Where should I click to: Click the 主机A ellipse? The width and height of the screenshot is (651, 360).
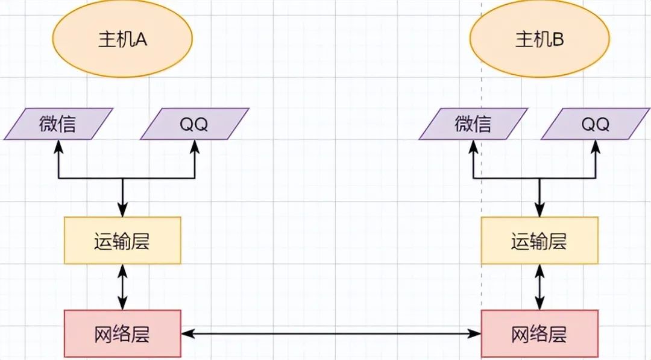click(x=122, y=39)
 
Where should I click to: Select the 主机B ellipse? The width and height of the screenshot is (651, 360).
click(x=539, y=39)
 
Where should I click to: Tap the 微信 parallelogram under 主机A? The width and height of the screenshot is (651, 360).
click(x=58, y=124)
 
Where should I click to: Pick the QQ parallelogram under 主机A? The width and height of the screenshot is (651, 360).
click(x=194, y=124)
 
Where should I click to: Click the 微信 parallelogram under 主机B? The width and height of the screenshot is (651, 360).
click(x=473, y=124)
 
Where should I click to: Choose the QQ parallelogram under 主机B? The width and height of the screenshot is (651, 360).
click(x=596, y=124)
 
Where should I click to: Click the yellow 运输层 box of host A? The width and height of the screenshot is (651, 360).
click(x=122, y=241)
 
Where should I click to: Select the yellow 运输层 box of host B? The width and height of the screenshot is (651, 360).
click(x=539, y=241)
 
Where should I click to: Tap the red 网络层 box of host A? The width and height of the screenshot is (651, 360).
click(x=122, y=333)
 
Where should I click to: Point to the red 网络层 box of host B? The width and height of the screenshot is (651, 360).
click(x=539, y=333)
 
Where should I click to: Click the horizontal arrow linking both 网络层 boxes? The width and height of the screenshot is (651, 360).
click(x=331, y=333)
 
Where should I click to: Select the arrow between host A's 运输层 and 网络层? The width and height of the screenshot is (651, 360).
click(x=122, y=287)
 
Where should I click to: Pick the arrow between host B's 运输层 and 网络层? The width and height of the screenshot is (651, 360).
click(x=539, y=287)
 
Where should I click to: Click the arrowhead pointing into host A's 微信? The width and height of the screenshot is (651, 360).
click(x=58, y=146)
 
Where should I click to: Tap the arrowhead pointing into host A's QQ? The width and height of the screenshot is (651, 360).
click(x=195, y=146)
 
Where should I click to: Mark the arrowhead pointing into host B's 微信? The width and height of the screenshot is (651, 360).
click(x=473, y=146)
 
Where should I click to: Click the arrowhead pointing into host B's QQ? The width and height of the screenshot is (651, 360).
click(x=596, y=146)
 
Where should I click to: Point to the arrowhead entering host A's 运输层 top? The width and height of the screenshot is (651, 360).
click(x=122, y=210)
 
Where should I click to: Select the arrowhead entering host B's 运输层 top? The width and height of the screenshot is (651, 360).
click(x=539, y=210)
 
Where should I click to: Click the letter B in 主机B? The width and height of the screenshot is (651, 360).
click(x=558, y=39)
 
